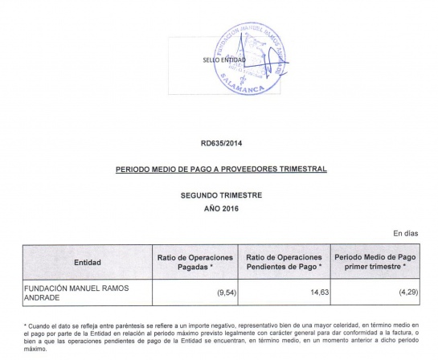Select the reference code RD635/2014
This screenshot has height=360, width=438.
point(221,144)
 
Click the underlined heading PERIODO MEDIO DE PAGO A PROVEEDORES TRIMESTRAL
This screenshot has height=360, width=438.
point(220,170)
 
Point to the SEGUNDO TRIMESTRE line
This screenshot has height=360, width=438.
point(221,196)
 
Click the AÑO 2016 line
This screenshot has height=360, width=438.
point(221,209)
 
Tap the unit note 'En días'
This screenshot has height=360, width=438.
point(405,234)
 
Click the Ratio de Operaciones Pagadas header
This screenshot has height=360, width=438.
point(194,262)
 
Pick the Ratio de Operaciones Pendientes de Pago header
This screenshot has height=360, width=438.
point(284,262)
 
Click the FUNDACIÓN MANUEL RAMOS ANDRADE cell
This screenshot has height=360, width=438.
point(73,292)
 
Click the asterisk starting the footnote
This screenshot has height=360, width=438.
point(26,324)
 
